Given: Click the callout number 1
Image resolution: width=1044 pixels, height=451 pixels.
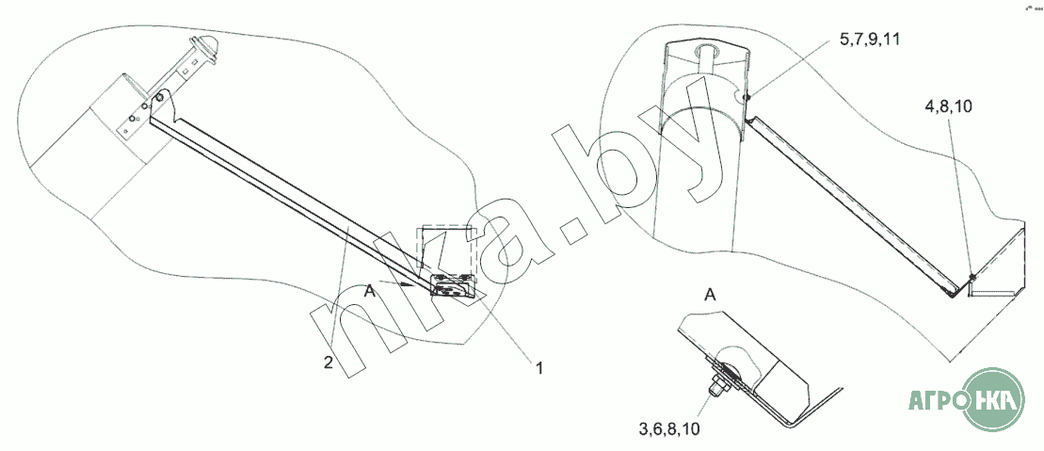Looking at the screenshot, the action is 539,367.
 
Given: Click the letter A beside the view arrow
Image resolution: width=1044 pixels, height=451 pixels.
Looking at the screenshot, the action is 371,292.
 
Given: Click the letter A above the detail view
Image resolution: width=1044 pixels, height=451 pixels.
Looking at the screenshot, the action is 711,295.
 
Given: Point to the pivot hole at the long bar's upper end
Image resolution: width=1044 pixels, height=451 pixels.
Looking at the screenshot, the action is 161,97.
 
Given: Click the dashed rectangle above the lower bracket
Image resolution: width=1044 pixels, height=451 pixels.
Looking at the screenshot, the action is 448,249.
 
